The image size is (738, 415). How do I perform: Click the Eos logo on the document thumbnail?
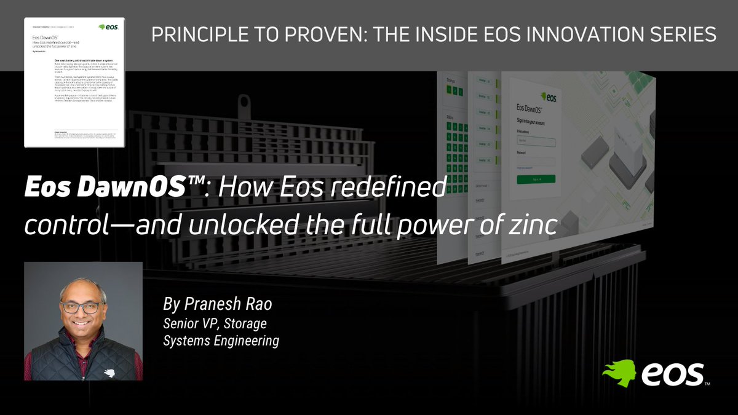[111, 27]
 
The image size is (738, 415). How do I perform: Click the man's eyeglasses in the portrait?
[83, 306]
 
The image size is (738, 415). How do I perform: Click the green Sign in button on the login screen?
[536, 178]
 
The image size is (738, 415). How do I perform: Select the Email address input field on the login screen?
[536, 141]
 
